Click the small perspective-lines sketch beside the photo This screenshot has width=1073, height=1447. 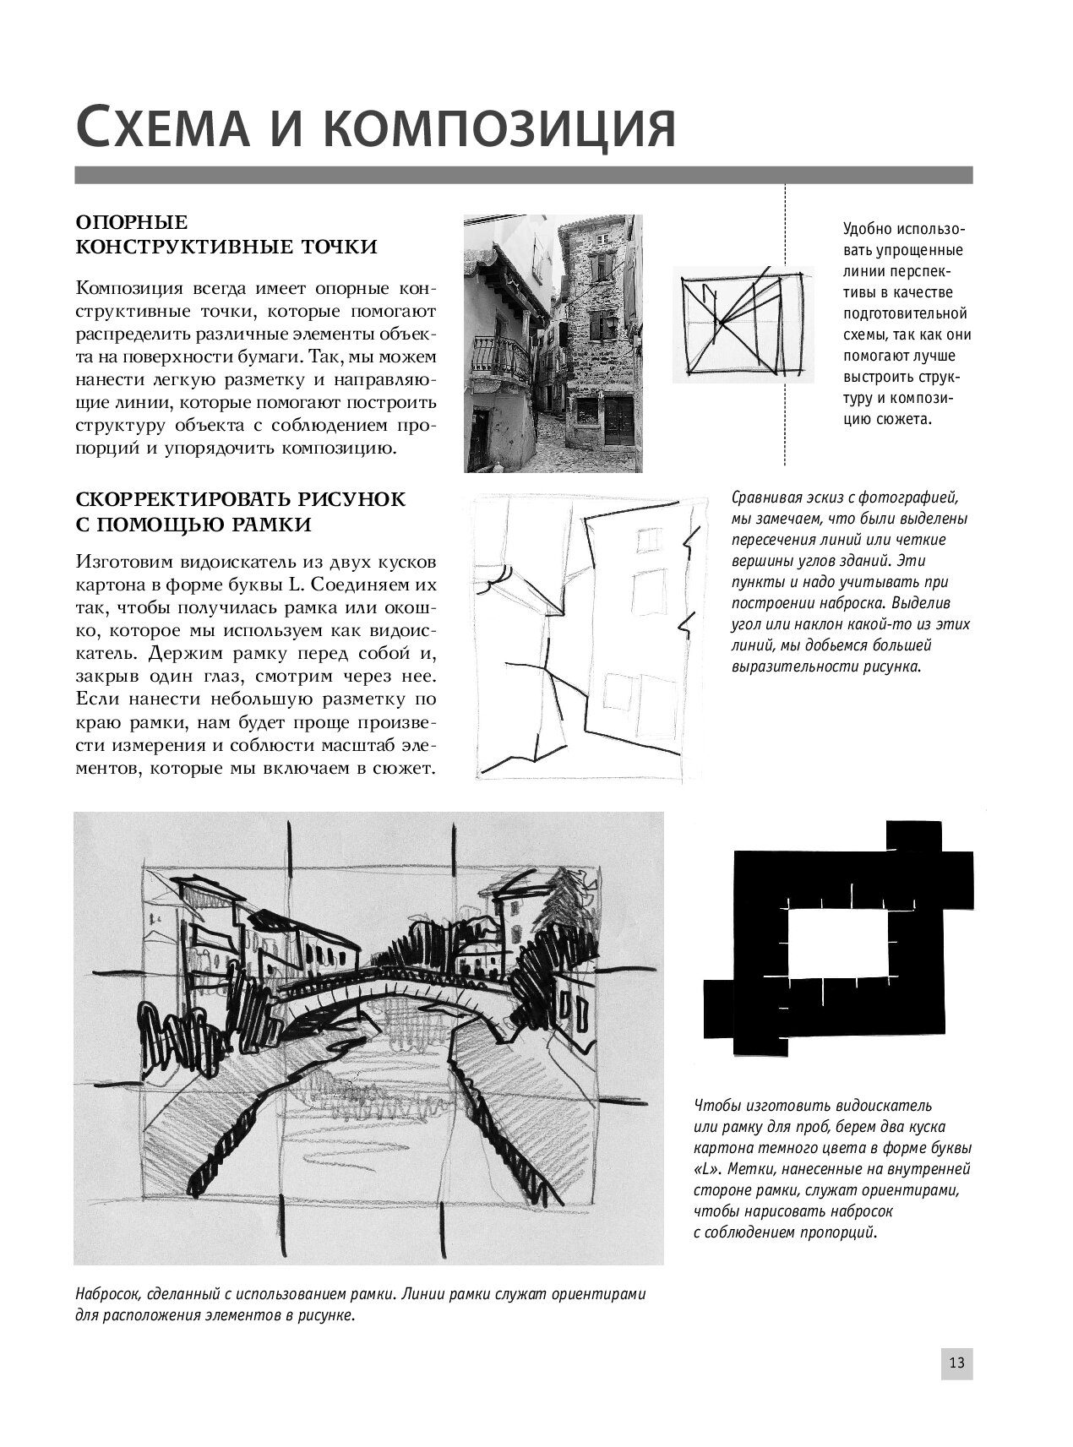(x=743, y=323)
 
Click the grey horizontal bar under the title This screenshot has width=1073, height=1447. (x=524, y=175)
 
